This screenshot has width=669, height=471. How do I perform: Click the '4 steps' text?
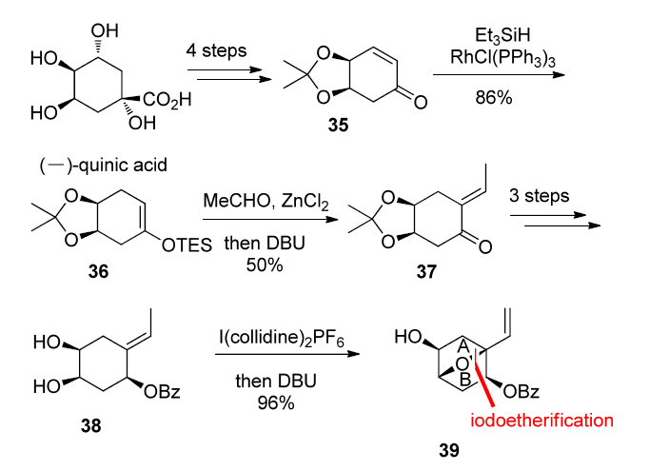coord(217,50)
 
